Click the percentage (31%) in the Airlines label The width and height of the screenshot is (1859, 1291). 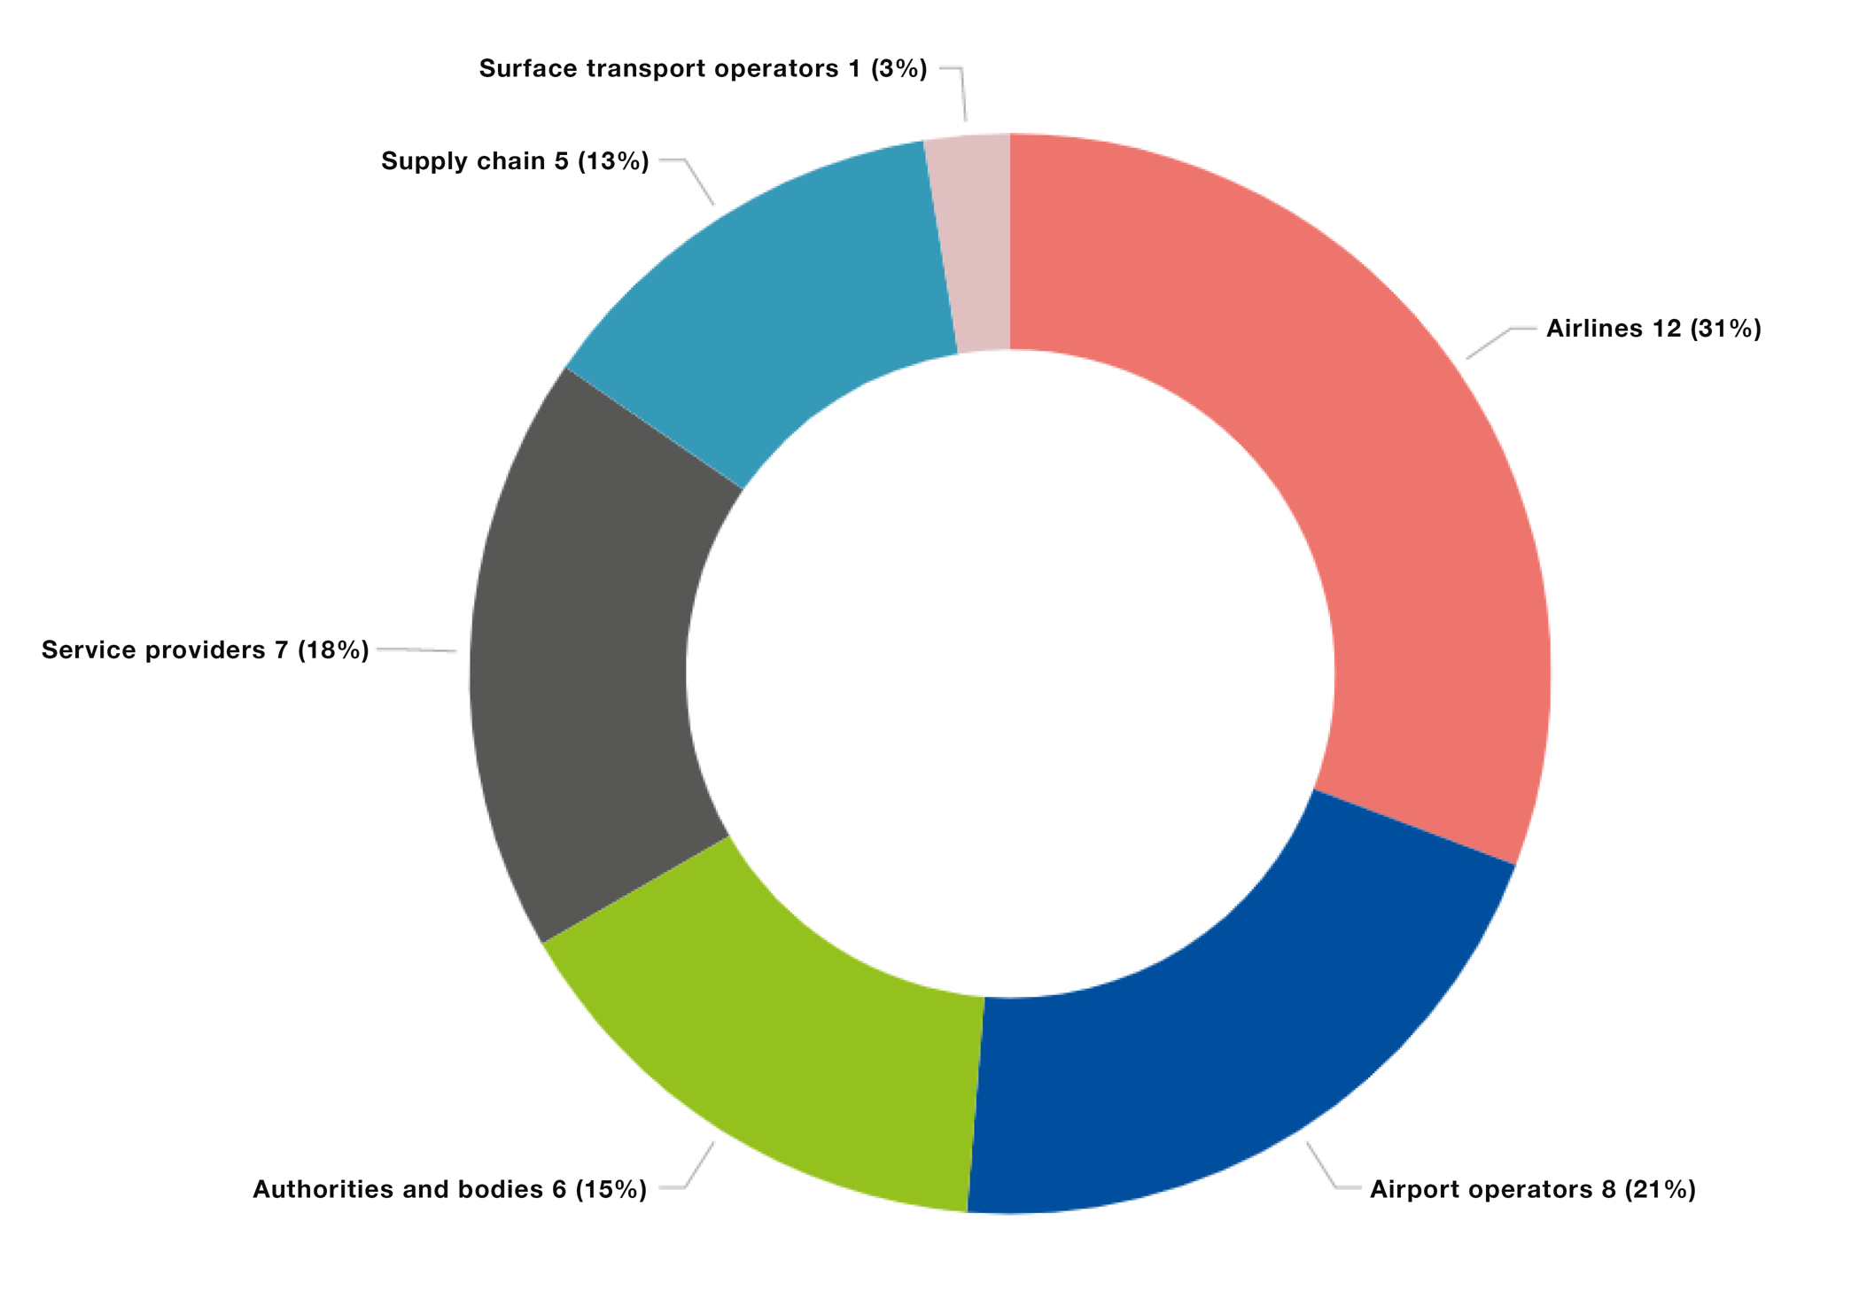pos(1725,329)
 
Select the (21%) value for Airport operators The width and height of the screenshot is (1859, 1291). pos(1660,1189)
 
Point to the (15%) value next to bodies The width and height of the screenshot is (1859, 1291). pos(611,1189)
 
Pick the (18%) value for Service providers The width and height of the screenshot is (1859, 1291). pos(333,650)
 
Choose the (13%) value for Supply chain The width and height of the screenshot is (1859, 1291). pos(613,161)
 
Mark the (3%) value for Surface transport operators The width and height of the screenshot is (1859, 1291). pos(898,69)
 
